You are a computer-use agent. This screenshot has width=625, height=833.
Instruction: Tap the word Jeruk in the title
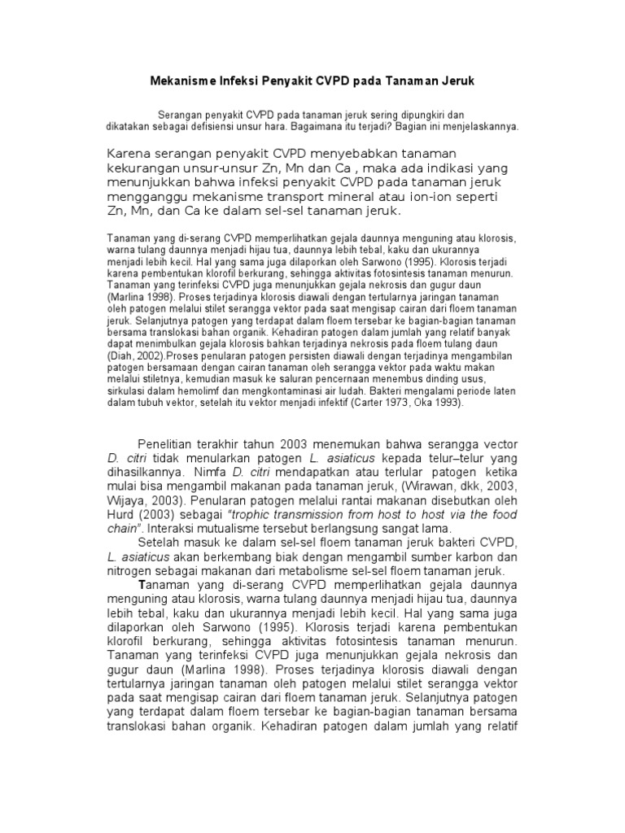(x=453, y=82)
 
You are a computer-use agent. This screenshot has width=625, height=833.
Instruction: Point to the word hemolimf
(x=186, y=390)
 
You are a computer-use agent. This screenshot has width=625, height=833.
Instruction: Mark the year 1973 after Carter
(x=413, y=402)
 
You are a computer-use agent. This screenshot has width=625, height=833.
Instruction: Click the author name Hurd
(x=122, y=516)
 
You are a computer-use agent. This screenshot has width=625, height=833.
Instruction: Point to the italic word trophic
(x=254, y=516)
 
